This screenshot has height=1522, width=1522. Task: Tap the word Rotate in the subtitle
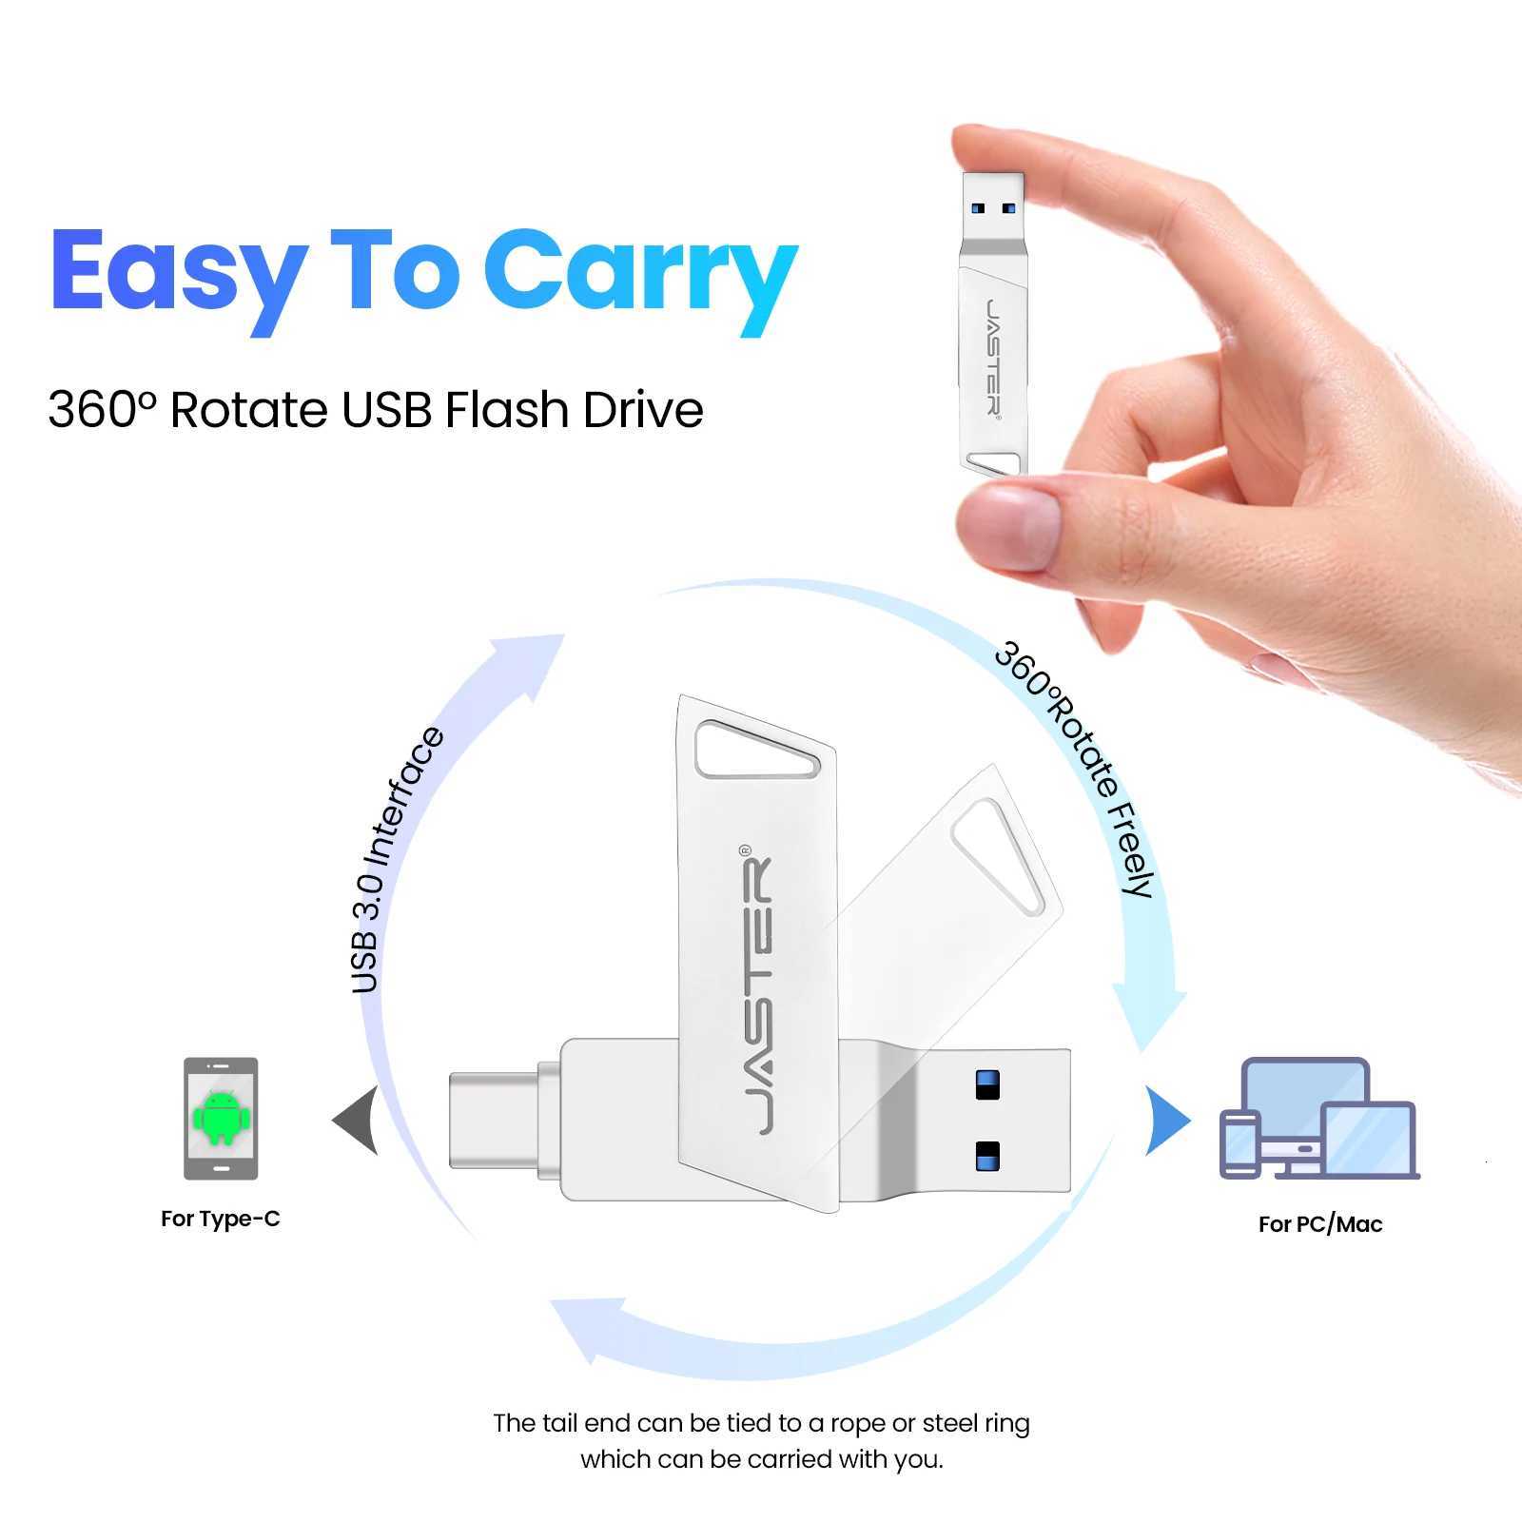click(x=249, y=410)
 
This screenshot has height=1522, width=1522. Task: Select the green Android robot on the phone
click(x=221, y=1119)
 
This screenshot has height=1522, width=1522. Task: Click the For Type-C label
click(x=221, y=1219)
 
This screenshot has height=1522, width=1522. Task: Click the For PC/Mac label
click(x=1319, y=1224)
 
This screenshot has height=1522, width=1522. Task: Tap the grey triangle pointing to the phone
click(x=358, y=1121)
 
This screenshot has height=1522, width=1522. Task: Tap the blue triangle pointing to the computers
click(x=1166, y=1121)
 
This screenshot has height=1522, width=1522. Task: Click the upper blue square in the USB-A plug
click(x=987, y=1084)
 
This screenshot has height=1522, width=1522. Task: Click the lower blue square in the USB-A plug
click(x=987, y=1155)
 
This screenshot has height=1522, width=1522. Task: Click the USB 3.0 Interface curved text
click(x=395, y=861)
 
